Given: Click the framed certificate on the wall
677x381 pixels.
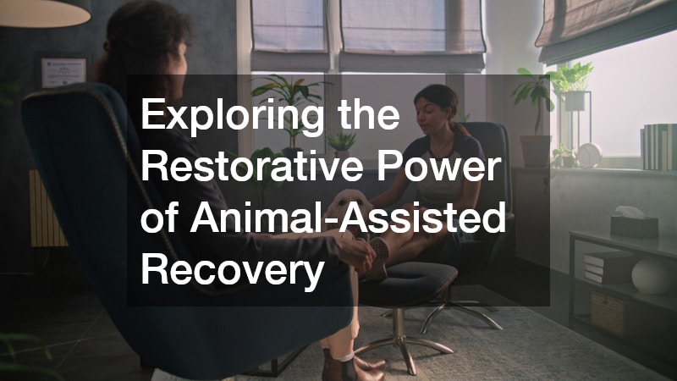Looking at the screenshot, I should tap(63, 72).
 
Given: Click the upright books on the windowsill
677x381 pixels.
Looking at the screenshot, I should tap(658, 146).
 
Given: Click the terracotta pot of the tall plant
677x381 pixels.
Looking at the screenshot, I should tap(536, 150).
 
